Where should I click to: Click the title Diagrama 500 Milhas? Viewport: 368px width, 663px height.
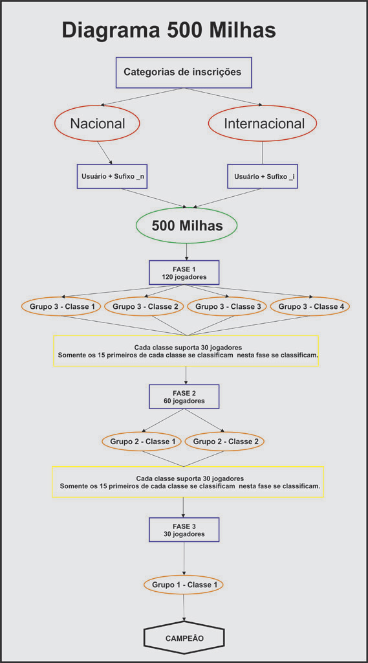169,31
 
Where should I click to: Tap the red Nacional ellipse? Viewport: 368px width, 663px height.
98,124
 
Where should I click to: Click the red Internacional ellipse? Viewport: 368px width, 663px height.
263,124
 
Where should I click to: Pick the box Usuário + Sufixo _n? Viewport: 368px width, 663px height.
112,176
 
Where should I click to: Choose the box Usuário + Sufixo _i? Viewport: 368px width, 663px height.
263,176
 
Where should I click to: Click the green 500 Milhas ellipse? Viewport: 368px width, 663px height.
187,226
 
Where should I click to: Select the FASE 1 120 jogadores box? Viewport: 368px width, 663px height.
184,273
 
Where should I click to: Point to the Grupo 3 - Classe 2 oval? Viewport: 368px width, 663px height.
144,306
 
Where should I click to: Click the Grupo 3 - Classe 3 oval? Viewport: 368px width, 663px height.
227,306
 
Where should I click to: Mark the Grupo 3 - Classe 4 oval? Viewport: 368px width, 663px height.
310,306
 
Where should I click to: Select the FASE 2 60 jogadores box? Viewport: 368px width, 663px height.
184,397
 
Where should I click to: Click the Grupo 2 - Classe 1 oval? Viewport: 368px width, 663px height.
142,442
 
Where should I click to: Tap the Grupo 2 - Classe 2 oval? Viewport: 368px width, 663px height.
225,442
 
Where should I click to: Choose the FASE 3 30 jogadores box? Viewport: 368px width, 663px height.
184,530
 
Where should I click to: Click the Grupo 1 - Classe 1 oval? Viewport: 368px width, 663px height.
184,585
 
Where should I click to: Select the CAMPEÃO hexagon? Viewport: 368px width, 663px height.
184,638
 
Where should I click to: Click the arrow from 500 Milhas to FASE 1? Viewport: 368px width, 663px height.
186,253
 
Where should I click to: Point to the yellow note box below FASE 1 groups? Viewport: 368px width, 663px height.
186,351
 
